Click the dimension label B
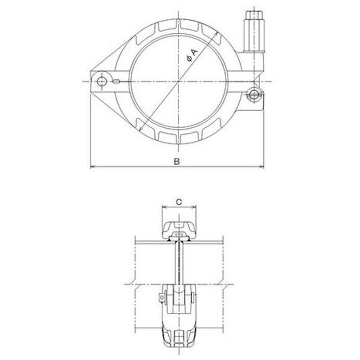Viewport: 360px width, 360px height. coord(176,162)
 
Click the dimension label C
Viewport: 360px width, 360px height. coord(179,202)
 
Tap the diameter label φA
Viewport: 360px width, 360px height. coord(192,55)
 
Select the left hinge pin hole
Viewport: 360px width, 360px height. coord(101,81)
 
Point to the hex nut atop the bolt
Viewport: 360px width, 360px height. coord(254,16)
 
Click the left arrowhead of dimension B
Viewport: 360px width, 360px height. coord(93,167)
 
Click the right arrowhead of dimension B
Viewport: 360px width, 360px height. coord(261,167)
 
